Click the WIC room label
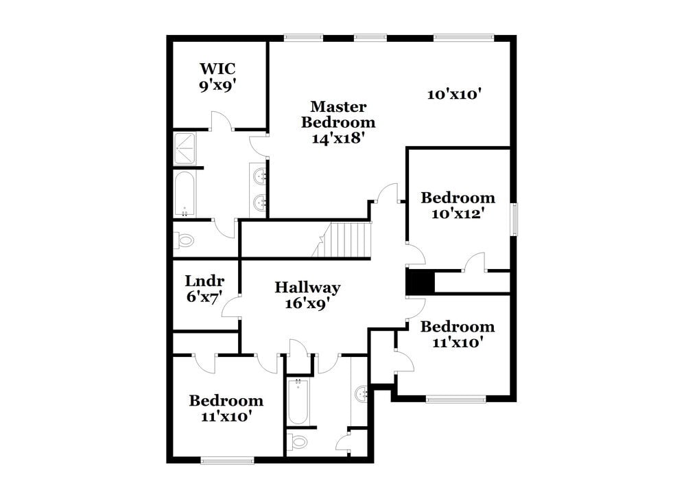coord(218,69)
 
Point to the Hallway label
coord(307,288)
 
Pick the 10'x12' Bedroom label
coord(458,205)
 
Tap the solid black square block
coord(420,282)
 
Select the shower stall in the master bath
coord(185,149)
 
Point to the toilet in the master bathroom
coord(184,240)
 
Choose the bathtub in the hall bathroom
coord(298,402)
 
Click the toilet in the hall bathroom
coord(299,441)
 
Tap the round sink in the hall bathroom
coord(361,394)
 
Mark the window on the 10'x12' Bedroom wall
coord(515,220)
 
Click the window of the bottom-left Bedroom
coord(228,460)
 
